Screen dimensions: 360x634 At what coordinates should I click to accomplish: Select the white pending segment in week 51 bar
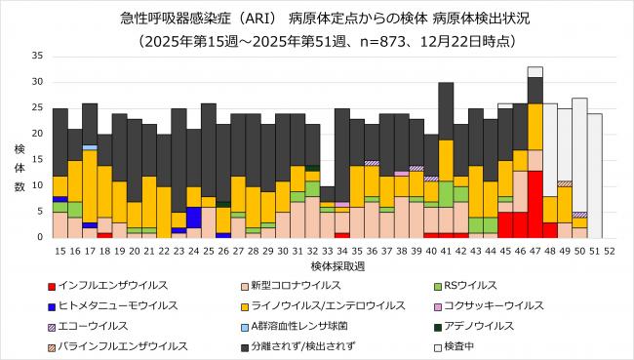[x=594, y=176]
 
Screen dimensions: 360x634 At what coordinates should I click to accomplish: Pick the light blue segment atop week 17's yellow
[x=90, y=147]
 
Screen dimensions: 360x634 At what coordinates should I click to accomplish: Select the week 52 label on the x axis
[x=610, y=251]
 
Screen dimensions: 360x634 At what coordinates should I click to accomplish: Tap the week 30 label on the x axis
[x=282, y=251]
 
